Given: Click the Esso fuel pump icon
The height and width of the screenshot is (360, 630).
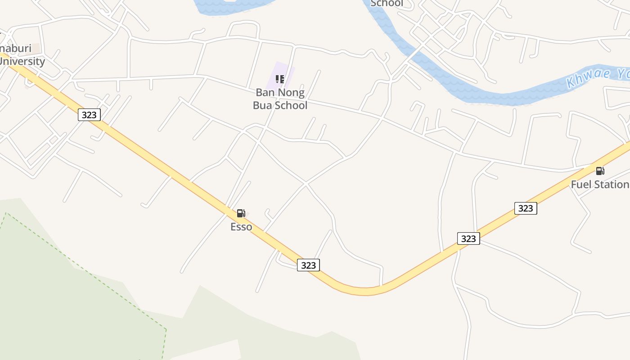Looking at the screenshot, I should (x=241, y=213).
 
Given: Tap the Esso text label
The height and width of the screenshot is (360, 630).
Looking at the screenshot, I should (x=241, y=227).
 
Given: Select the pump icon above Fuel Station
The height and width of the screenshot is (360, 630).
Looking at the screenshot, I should (x=600, y=171).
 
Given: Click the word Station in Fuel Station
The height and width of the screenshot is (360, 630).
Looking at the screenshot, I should (x=611, y=184).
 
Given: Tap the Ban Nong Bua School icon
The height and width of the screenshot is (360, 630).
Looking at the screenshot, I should (x=280, y=80).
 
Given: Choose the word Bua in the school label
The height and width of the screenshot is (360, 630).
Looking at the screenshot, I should (x=263, y=105).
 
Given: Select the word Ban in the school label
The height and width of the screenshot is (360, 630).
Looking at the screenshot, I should (x=265, y=93).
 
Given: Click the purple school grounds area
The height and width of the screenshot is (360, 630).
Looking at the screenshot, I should (x=288, y=72).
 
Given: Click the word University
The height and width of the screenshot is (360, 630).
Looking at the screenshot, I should (x=22, y=61).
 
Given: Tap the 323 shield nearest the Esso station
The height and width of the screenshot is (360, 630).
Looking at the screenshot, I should (x=308, y=265).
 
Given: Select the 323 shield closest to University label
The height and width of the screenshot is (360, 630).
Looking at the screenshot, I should (x=89, y=115).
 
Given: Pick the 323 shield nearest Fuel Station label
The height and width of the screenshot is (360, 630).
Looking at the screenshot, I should (x=526, y=208).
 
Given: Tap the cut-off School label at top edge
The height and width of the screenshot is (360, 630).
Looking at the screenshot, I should (x=387, y=4).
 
